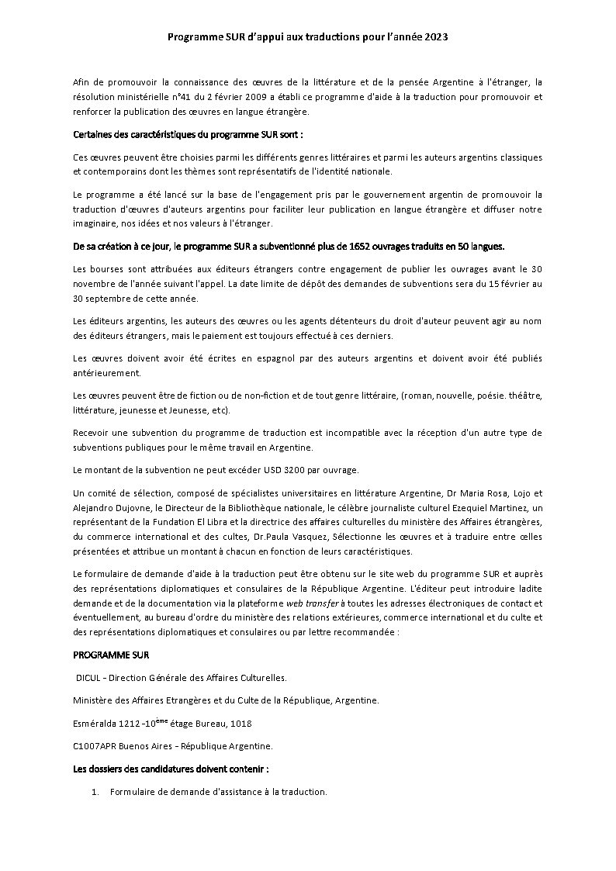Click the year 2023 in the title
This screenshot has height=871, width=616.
point(436,36)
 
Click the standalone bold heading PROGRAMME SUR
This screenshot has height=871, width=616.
point(106,655)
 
